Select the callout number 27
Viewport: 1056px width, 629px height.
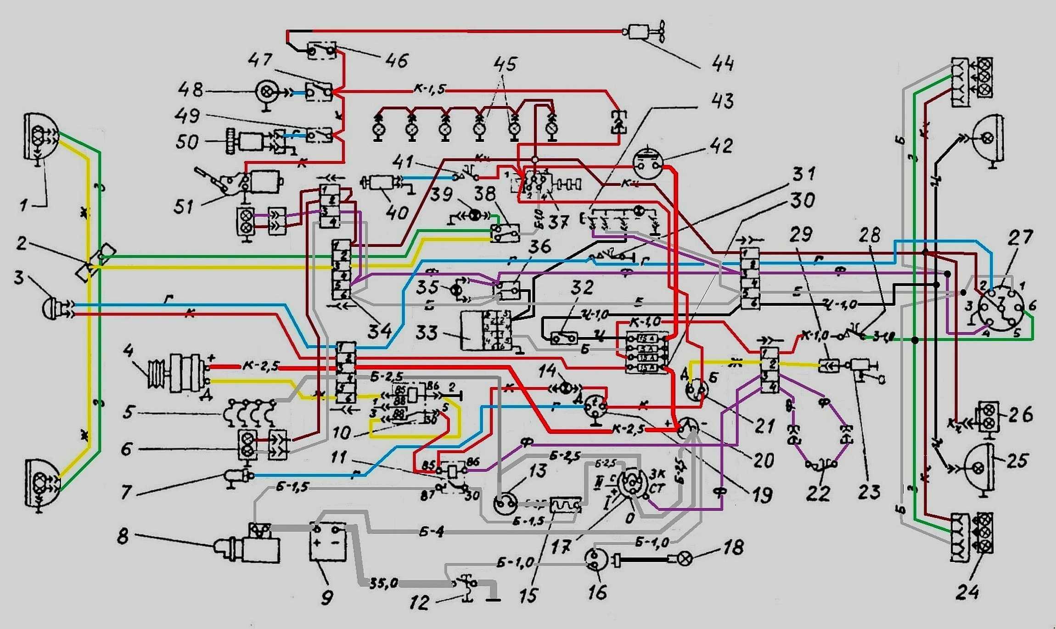[x=1020, y=238]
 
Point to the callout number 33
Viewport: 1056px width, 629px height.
[x=427, y=332]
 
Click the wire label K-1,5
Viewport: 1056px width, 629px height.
[x=430, y=89]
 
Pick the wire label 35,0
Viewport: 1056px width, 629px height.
[x=384, y=584]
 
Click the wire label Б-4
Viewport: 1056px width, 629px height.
[x=432, y=532]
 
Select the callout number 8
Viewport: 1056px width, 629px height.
[x=123, y=536]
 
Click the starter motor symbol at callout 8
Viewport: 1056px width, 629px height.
[x=250, y=546]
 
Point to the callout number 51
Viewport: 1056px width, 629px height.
[x=184, y=207]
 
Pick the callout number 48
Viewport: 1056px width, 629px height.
[x=191, y=89]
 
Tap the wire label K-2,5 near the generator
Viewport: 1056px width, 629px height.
[x=259, y=367]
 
